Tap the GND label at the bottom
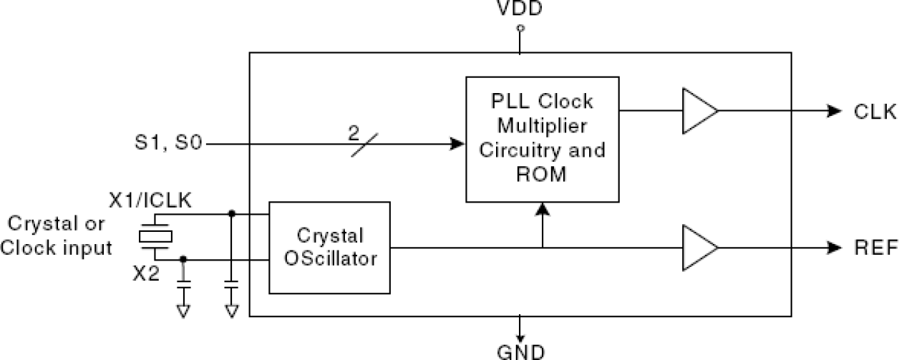coord(520,351)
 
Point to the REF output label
coord(875,248)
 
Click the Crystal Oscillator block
coord(329,248)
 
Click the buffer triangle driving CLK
coord(698,111)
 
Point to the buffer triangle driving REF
coord(698,248)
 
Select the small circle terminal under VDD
coord(520,29)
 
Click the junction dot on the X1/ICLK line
coord(231,213)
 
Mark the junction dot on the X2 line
coord(184,259)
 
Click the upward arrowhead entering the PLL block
coord(543,210)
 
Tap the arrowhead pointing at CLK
coord(834,111)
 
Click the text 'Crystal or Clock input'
coord(57,235)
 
